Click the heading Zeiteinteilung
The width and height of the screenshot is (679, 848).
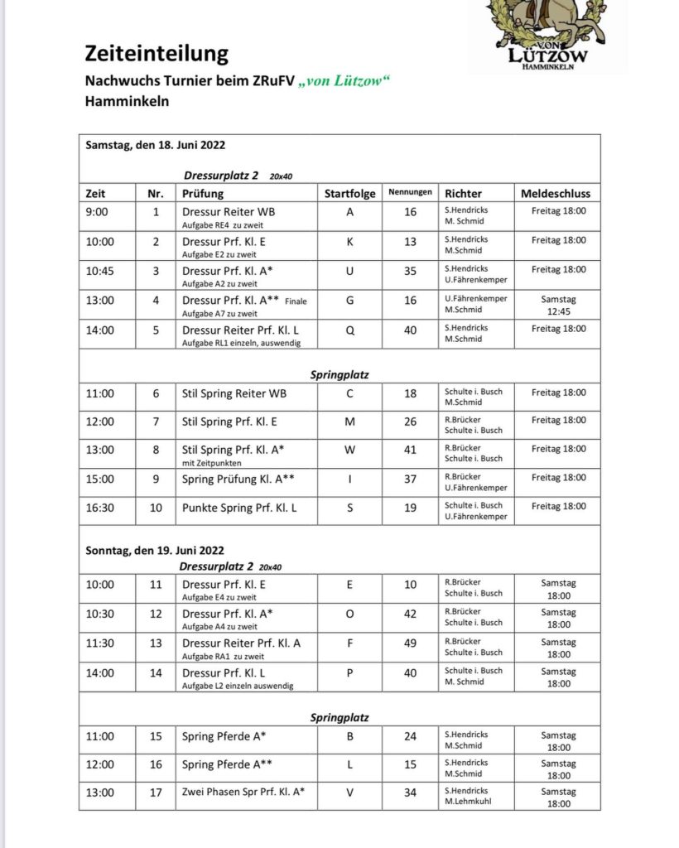[157, 55]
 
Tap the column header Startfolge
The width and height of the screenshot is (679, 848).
[349, 194]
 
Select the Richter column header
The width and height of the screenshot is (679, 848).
[463, 194]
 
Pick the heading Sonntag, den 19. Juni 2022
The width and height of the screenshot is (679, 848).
[155, 550]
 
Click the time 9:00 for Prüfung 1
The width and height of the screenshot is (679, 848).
[97, 212]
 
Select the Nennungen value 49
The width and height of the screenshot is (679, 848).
[410, 643]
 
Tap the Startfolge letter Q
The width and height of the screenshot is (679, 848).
[349, 329]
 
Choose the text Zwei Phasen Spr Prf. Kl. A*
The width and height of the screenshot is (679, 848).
[243, 793]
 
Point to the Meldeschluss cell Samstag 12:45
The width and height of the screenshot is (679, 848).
[557, 305]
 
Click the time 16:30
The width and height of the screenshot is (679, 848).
[100, 508]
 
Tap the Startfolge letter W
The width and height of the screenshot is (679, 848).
[349, 450]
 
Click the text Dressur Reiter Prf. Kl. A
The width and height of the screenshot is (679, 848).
[241, 643]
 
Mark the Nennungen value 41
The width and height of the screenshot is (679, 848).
[410, 450]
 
